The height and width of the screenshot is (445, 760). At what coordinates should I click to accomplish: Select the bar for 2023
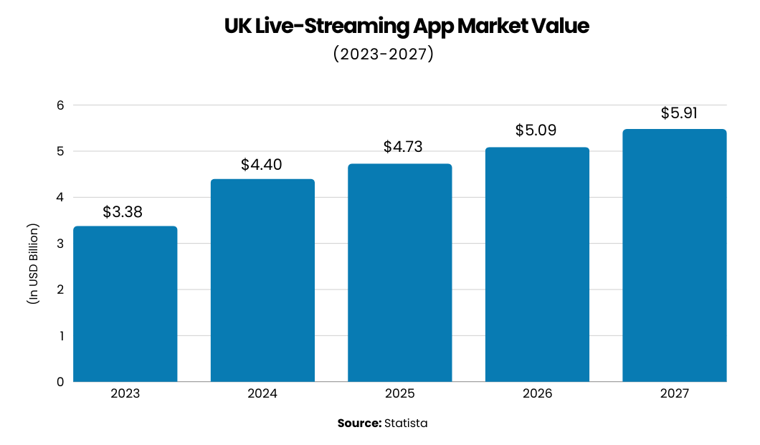pos(125,304)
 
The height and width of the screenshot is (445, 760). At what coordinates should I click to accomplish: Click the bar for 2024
pos(262,280)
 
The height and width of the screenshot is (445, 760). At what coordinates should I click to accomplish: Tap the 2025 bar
pos(400,272)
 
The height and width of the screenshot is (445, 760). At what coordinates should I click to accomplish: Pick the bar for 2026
pos(537,264)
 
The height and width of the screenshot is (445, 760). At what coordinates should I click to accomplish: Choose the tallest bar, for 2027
pos(674,255)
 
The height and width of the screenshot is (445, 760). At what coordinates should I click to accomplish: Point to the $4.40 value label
pos(262,165)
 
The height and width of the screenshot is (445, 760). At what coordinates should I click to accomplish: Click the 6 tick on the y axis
pos(61,105)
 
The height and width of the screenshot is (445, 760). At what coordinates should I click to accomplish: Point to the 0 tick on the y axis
pos(61,382)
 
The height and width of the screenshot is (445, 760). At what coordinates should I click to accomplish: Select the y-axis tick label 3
pos(61,244)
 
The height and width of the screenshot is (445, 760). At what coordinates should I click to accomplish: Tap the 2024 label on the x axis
pos(262,394)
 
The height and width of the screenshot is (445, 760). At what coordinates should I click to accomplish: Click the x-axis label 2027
pos(674,394)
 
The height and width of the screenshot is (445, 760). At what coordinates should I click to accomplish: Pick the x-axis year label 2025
pos(400,394)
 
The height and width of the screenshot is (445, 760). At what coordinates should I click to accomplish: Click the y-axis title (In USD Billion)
pos(33,264)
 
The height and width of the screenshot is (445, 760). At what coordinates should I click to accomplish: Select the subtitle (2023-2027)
pos(384,54)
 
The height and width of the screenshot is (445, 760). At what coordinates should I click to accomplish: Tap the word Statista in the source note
pos(406,423)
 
